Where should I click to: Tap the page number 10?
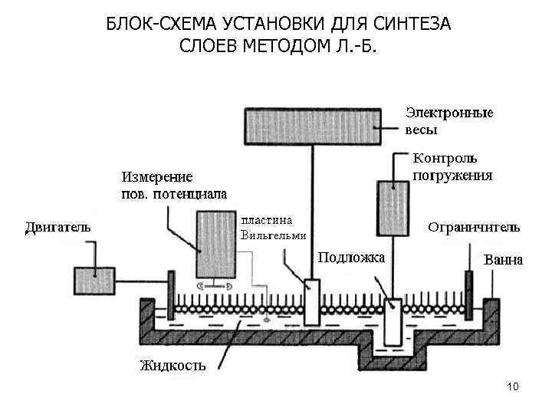tap(513, 386)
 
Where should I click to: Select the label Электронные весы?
tap(449, 120)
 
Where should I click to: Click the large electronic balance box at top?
tap(312, 126)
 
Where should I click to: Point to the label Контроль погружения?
tap(452, 166)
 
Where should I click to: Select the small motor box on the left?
tap(94, 279)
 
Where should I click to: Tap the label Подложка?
tap(352, 257)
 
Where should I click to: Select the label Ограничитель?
tap(473, 227)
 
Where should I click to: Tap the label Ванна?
tap(503, 260)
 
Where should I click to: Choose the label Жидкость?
tap(172, 365)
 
